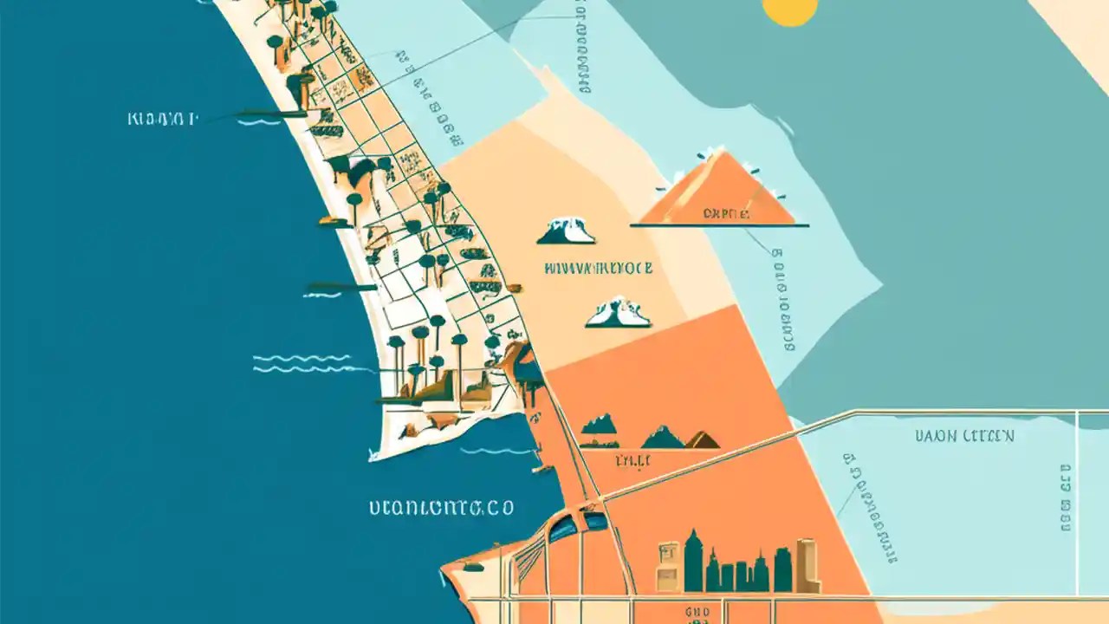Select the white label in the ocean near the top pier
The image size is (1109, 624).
(162, 118)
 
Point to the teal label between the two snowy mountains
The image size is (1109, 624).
(598, 268)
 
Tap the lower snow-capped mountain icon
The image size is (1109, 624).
(618, 313)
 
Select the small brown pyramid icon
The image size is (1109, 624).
(703, 440)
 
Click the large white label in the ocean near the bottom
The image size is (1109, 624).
(441, 507)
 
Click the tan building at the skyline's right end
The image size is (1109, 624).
(807, 565)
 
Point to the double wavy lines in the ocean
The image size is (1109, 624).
(302, 363)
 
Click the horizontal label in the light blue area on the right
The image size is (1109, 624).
(964, 436)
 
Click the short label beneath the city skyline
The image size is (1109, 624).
(697, 611)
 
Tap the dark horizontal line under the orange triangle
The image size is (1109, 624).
(719, 226)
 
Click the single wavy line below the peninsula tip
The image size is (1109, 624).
(496, 451)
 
